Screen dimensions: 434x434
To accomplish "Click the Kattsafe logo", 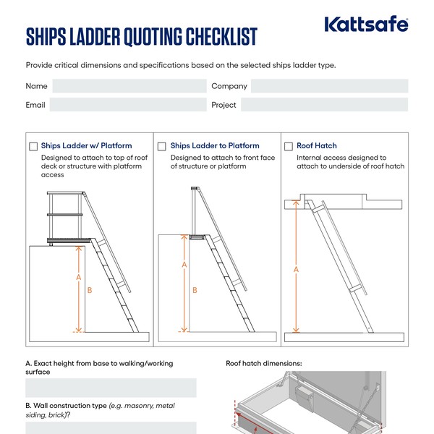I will (366, 25).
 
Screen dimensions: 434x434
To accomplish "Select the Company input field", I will (329, 86).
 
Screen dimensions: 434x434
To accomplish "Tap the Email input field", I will (127, 105).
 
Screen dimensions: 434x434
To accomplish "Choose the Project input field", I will (324, 105).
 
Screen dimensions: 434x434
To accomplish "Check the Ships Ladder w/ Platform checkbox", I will (33, 146).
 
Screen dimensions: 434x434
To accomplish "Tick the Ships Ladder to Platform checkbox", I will (163, 146).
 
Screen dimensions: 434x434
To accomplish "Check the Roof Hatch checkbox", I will (289, 146).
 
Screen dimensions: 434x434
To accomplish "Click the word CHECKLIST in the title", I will (211, 35).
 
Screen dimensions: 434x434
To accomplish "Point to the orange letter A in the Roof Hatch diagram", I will (296, 269).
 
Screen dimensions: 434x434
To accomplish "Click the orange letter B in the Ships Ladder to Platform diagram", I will (194, 290).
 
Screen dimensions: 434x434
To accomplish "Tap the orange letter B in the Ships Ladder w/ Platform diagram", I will (89, 290).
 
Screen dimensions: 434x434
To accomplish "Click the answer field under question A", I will (111, 388).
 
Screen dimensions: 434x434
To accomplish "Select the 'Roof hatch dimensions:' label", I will (263, 363).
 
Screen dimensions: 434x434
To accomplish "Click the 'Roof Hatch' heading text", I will (317, 146).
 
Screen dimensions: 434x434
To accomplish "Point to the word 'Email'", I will (35, 105).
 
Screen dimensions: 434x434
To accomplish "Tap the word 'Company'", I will (229, 86).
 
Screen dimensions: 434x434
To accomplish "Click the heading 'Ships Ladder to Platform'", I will (215, 146).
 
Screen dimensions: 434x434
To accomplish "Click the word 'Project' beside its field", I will (224, 105).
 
